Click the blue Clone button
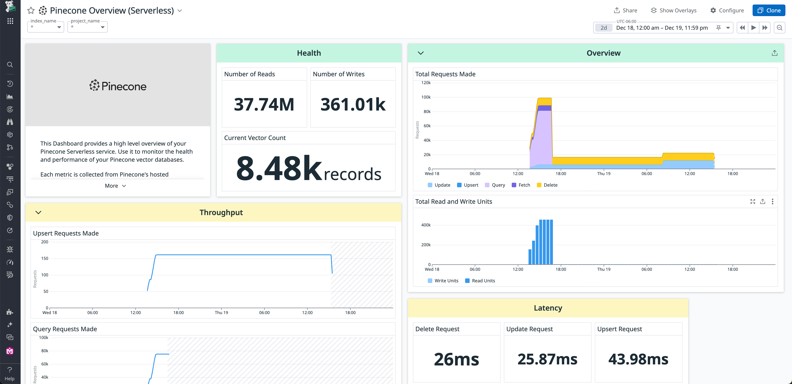pos(769,11)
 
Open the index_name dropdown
pos(46,27)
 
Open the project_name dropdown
pos(87,27)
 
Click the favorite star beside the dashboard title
pos(31,11)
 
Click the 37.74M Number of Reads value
pos(264,104)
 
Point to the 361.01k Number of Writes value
pos(353,104)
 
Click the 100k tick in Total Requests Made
pos(426,97)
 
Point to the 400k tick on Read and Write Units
pos(426,225)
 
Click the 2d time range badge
pos(603,28)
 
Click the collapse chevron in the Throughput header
pos(38,212)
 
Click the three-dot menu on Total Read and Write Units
pos(772,201)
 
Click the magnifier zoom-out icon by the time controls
pos(779,28)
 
